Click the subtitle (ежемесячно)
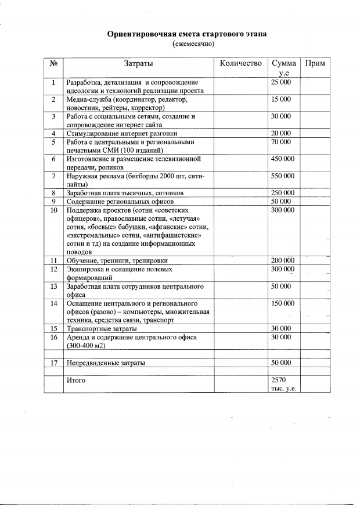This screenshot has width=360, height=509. (x=194, y=44)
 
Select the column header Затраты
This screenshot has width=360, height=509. (x=139, y=63)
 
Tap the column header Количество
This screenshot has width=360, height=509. (x=241, y=63)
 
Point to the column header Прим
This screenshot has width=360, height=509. (x=314, y=63)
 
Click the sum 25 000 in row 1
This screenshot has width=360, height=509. (x=281, y=83)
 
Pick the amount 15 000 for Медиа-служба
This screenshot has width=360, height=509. (x=281, y=100)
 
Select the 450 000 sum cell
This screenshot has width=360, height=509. (x=283, y=159)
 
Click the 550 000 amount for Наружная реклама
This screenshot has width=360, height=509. (x=283, y=175)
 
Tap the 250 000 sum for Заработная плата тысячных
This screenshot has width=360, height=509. (x=283, y=193)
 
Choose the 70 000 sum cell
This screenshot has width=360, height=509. (x=281, y=142)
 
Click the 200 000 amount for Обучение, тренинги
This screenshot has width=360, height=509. (x=283, y=261)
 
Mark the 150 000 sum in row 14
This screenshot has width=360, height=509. (x=283, y=303)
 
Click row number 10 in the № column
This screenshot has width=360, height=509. (x=53, y=210)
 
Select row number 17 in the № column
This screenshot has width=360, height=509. (x=53, y=363)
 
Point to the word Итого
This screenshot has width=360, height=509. (x=76, y=380)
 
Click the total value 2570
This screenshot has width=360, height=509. (x=280, y=380)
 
